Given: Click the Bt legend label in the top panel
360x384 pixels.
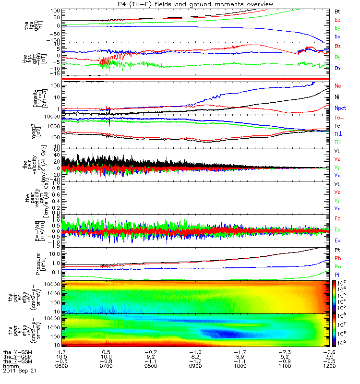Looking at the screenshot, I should point(337,11).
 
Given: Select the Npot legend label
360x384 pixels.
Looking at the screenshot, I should point(340,108).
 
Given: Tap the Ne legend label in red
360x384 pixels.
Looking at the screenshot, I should point(338,86).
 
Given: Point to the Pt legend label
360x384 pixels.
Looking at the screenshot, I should point(337,251).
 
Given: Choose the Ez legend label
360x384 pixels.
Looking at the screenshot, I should point(338,218).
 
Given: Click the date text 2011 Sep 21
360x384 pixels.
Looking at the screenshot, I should point(19,371).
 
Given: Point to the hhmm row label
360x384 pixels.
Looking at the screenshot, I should point(10,366).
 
